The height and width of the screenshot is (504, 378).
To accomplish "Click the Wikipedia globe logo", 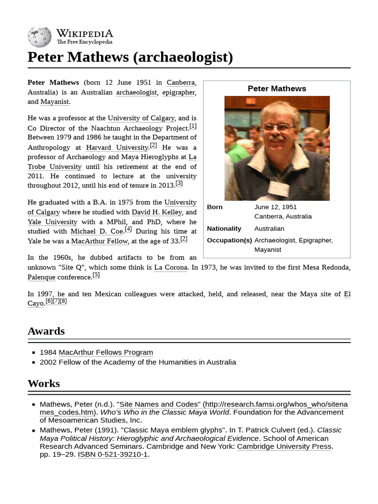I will point(39,37).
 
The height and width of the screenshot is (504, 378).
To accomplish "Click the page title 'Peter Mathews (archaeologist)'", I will point(130,57).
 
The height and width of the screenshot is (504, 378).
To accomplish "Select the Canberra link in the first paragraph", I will point(181,83).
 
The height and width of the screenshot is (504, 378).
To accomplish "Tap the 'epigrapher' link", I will point(178,92).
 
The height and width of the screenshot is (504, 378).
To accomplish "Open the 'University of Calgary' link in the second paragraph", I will point(141,118).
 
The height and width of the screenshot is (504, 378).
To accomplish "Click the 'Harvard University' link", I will point(117,147).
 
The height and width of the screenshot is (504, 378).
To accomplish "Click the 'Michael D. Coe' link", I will point(96,231).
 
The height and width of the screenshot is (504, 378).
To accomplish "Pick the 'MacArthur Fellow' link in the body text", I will point(99,241).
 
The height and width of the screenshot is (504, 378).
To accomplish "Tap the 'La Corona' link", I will point(171,267).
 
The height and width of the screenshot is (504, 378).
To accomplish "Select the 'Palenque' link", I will point(41,277).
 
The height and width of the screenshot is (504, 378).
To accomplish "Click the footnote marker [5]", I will point(96,275).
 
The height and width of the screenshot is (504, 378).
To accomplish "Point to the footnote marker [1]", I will point(193,126).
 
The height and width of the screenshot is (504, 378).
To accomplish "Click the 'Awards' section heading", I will point(46,331).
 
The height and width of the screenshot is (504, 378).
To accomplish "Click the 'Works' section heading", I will point(44,383).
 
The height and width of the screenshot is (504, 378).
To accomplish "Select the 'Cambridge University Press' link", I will point(284,446).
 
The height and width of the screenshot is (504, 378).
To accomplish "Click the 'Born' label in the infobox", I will point(215,207).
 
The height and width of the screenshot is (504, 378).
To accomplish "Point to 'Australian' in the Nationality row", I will point(269,228).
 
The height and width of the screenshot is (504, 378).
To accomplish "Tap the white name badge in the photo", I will point(278,188).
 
